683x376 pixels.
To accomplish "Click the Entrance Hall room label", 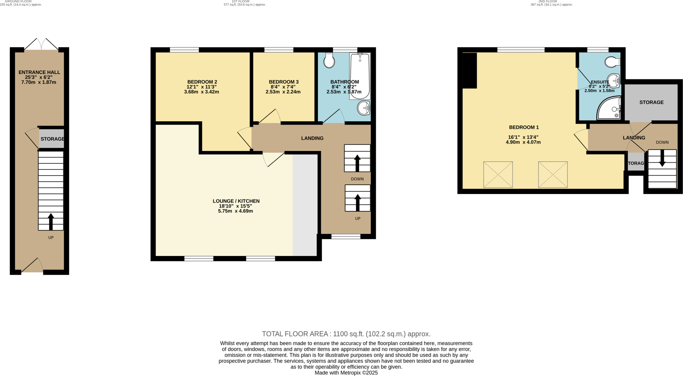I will [39, 72].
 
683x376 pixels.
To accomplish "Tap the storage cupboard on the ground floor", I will [52, 139].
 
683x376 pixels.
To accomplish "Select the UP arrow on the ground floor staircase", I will [51, 222].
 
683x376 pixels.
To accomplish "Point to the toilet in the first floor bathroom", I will [329, 60].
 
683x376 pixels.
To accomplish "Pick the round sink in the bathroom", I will [363, 108].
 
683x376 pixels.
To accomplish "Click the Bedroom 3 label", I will [283, 82].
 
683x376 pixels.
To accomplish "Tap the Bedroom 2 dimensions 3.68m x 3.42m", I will [201, 92].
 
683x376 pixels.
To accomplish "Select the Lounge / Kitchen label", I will [236, 201].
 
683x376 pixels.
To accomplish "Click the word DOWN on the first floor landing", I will [357, 179].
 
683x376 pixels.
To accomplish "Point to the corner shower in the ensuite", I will [609, 108].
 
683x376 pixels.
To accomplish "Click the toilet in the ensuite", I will [612, 62].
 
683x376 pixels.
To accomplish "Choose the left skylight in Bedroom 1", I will [498, 175].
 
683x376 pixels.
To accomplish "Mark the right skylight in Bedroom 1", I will [553, 175].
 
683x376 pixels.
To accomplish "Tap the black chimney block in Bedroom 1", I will [470, 70].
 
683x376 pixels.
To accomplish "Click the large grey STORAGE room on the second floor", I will [651, 102].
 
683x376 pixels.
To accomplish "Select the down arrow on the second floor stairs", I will [662, 159].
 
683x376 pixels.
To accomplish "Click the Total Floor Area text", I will [346, 334].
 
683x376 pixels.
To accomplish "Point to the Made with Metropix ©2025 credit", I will [346, 373].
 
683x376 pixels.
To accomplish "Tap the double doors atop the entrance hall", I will [41, 44].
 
